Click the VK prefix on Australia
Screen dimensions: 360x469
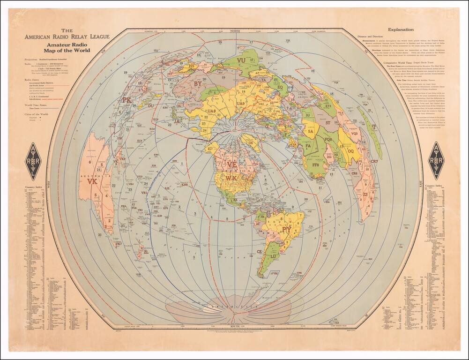coord(92,181)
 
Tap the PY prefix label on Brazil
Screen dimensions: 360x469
coord(286,230)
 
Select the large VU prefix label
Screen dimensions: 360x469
coord(241,60)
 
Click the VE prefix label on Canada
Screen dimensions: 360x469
coord(232,165)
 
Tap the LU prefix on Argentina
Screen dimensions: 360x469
coord(274,257)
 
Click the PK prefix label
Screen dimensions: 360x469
coord(126,100)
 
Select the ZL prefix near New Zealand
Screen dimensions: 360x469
coord(146,252)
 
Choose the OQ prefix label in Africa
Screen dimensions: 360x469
coord(350,151)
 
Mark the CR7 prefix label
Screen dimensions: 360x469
coord(374,161)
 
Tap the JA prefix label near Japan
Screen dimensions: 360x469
coord(177,121)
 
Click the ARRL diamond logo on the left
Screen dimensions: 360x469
coord(33,161)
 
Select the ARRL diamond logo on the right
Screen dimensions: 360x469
coord(436,160)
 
